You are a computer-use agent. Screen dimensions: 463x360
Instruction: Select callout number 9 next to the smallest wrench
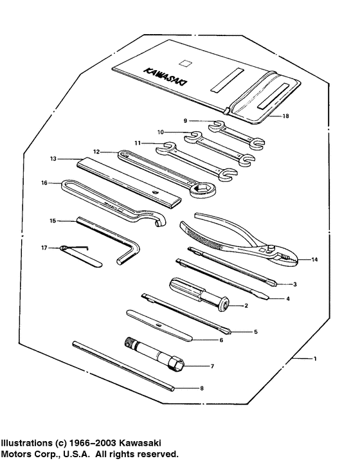pos(185,120)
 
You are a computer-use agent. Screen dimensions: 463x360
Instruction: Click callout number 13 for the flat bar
pos(53,157)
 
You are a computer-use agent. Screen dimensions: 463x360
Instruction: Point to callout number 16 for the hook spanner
pos(44,183)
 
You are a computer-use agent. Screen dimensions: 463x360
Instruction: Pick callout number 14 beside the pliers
pos(314,259)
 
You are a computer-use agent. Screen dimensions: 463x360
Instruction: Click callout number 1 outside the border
pos(314,359)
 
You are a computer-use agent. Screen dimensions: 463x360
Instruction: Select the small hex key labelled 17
pos(78,247)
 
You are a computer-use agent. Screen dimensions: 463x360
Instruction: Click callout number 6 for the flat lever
pos(221,339)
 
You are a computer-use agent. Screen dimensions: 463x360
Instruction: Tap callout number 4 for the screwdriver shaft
pos(288,298)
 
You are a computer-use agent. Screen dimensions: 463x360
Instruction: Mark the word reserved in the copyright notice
pos(155,454)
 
